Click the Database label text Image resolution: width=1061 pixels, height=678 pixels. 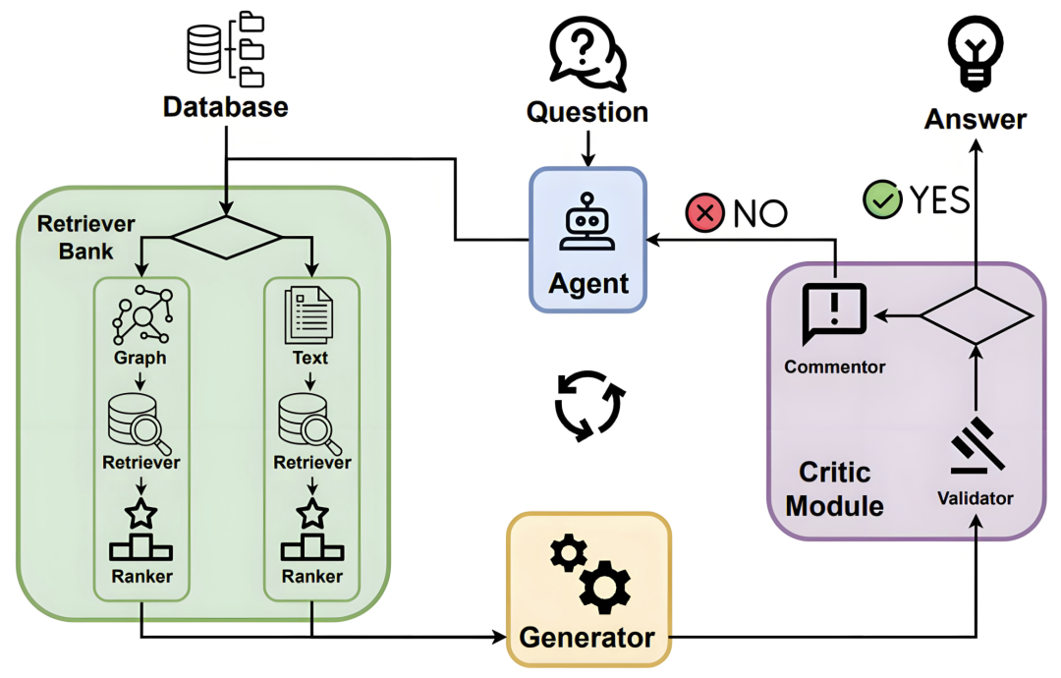coord(225,106)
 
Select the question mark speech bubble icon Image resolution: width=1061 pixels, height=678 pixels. coord(586,51)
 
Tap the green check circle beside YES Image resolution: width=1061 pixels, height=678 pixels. coord(882,199)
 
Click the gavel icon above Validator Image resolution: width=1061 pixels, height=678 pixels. coord(975,447)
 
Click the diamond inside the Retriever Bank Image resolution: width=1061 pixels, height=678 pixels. coord(226,237)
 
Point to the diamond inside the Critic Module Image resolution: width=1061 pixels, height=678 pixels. coord(975,315)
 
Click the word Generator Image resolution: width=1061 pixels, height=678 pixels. coord(586,637)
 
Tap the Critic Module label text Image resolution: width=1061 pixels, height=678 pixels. coord(834,488)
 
